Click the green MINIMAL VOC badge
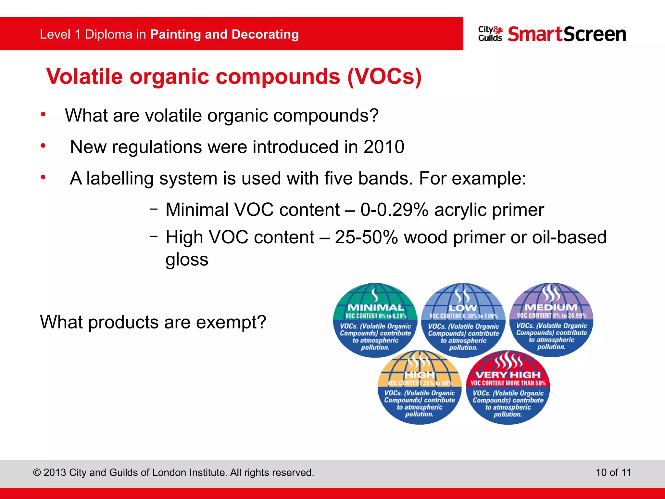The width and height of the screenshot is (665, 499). [375, 320]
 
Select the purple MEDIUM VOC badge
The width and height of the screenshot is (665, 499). [551, 320]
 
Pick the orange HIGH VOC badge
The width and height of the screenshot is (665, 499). [419, 387]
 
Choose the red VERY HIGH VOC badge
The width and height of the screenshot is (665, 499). [508, 387]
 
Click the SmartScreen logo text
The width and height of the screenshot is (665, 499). [567, 34]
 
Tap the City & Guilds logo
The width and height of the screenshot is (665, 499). [490, 34]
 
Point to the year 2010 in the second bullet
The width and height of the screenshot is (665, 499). [384, 147]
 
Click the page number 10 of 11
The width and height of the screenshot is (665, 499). [613, 472]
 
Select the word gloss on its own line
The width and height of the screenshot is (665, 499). [187, 260]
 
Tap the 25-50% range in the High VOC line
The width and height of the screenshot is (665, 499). [366, 237]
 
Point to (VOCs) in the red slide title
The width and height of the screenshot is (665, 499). [384, 77]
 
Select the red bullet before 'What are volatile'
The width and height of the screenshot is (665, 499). [43, 114]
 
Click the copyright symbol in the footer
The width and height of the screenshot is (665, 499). [37, 473]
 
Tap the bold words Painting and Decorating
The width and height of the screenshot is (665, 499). [224, 34]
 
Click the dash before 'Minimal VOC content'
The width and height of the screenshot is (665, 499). [154, 209]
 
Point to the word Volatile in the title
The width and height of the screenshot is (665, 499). [84, 77]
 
